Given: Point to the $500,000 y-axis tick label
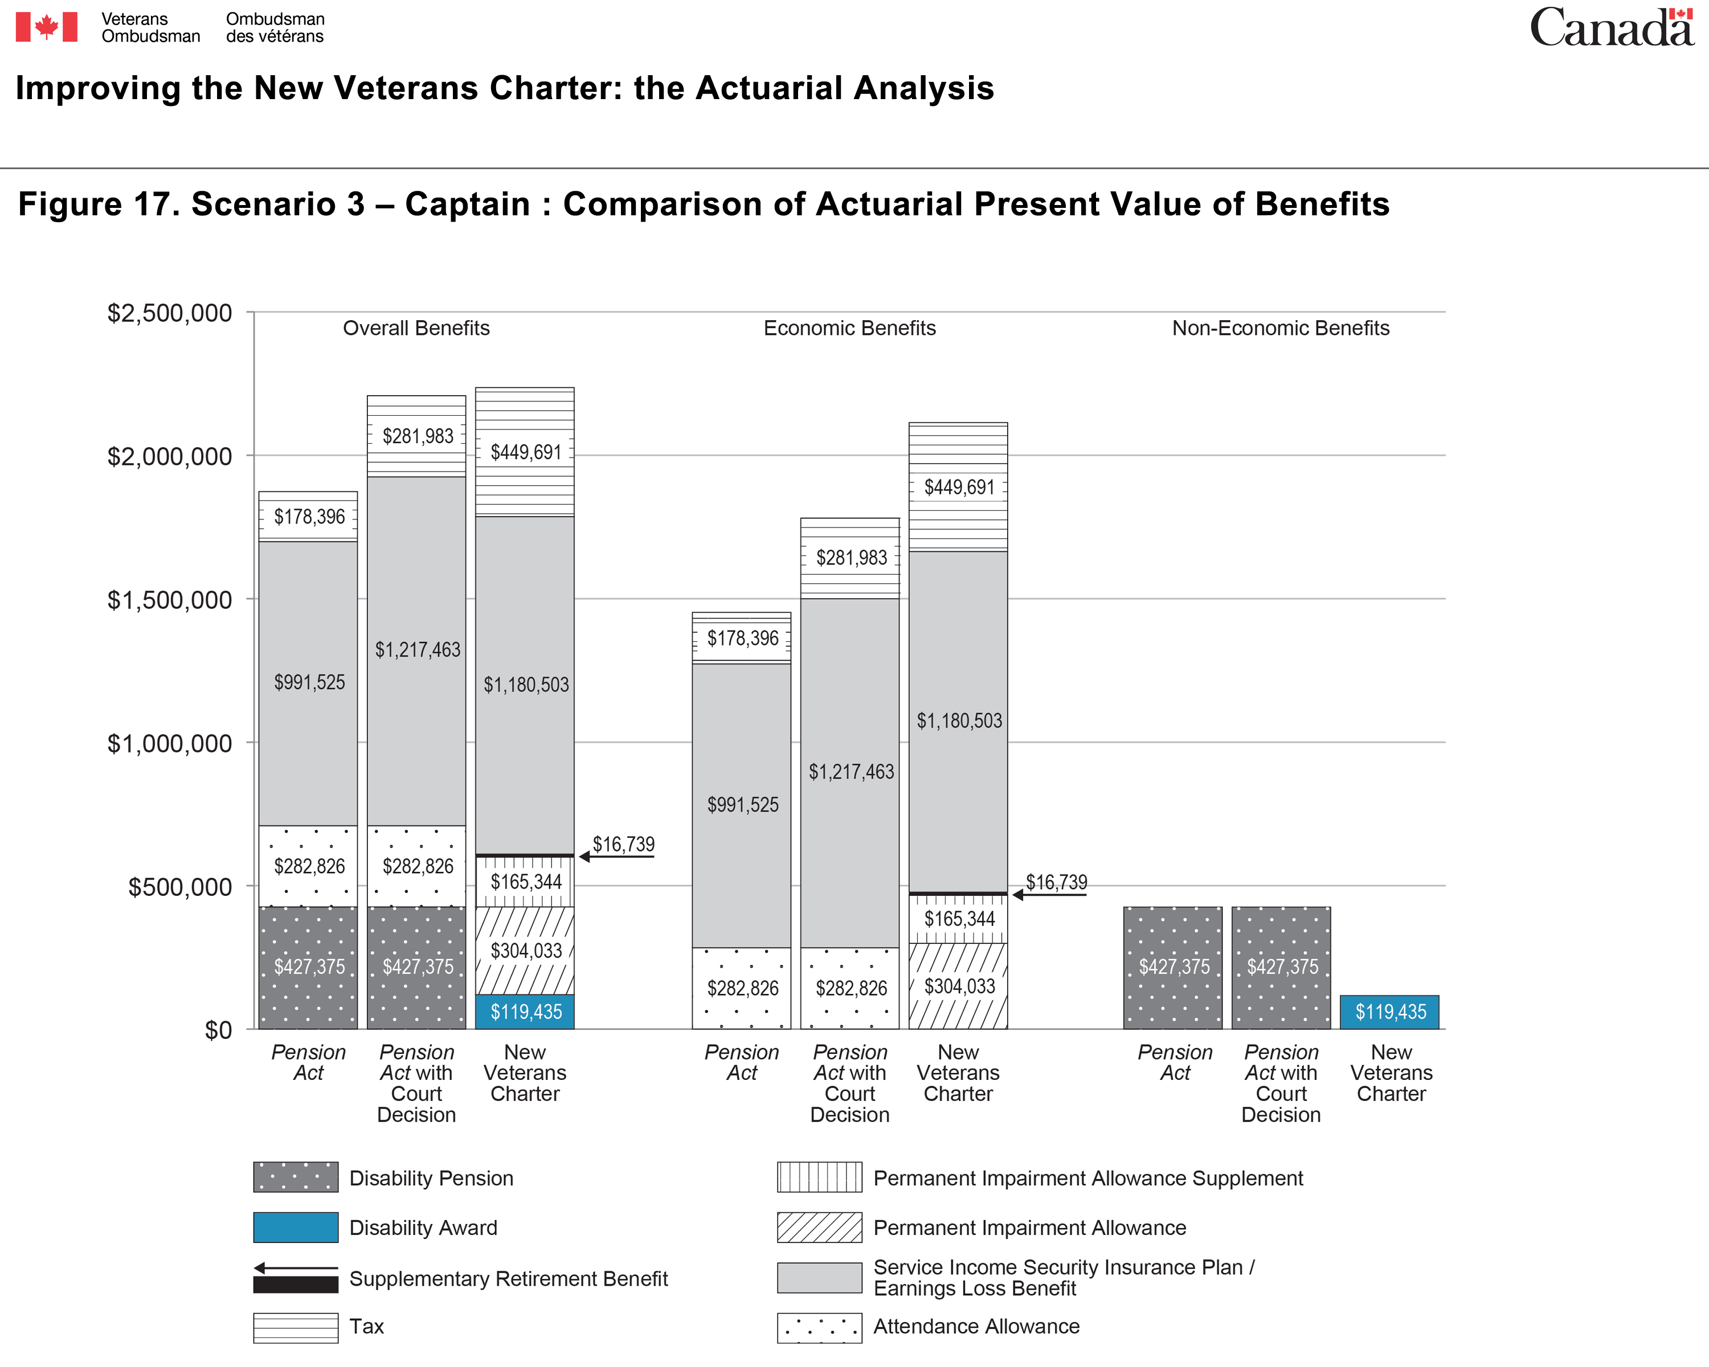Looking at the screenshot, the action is click(x=180, y=887).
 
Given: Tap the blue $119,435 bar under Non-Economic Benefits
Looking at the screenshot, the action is click(x=1389, y=1012).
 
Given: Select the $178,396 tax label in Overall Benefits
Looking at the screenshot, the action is click(x=309, y=517).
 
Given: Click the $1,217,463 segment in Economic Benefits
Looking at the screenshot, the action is click(x=850, y=773).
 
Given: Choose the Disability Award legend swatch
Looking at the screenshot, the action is click(x=296, y=1227).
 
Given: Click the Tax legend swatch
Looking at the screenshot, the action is click(x=296, y=1327).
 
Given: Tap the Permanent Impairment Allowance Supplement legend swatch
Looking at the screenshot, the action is click(x=820, y=1177).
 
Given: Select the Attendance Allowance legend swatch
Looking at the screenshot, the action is click(x=820, y=1327).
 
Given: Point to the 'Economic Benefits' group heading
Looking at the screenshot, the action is click(x=850, y=328).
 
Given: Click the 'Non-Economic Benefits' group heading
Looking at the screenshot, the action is click(x=1281, y=328).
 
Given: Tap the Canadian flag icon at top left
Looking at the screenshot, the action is click(x=47, y=27).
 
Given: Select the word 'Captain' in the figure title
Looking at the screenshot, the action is click(x=468, y=204).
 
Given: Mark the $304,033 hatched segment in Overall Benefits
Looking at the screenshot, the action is click(x=525, y=951).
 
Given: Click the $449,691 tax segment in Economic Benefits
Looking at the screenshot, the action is click(x=958, y=486).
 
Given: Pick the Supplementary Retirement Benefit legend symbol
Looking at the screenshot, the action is click(x=296, y=1278).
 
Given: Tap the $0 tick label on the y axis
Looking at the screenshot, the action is click(x=218, y=1030).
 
